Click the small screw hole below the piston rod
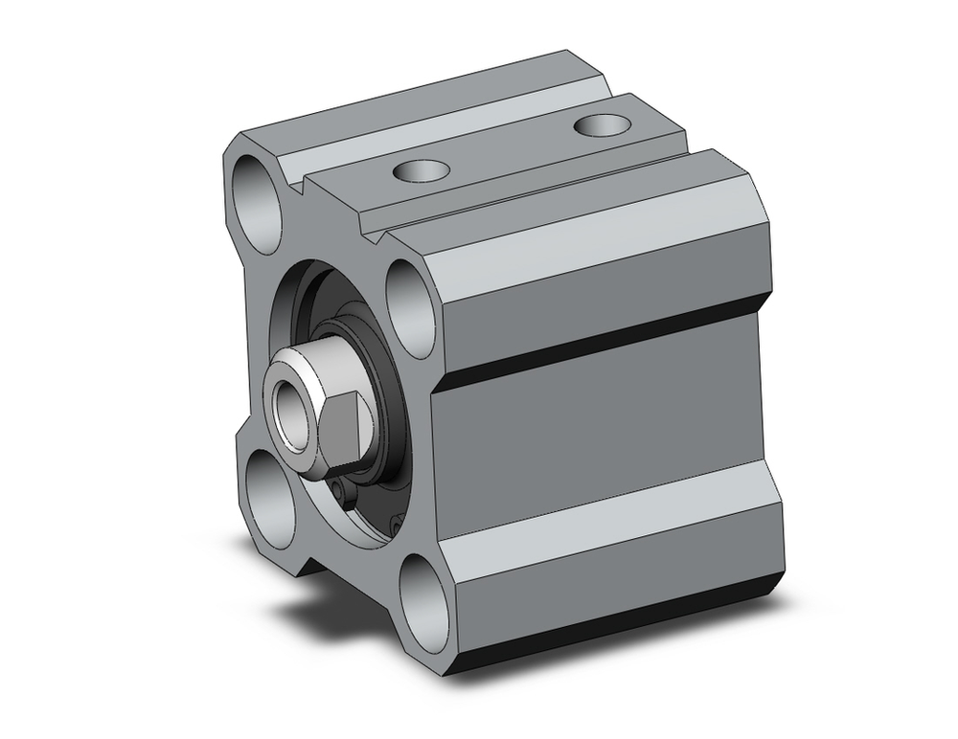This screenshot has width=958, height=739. (x=344, y=492)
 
